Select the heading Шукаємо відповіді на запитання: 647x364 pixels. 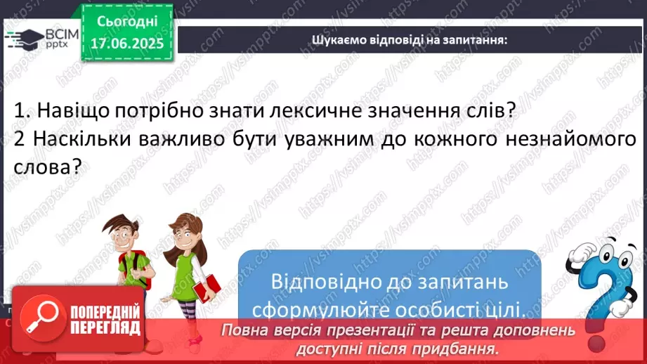point(410,39)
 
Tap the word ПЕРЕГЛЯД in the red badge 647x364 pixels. point(105,328)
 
